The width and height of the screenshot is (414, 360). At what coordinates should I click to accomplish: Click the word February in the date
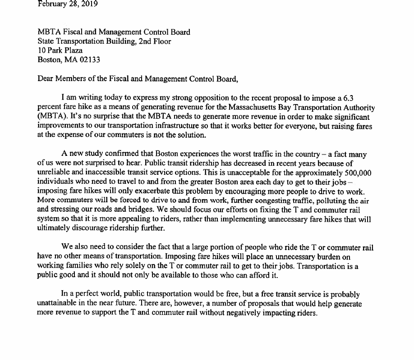(x=52, y=5)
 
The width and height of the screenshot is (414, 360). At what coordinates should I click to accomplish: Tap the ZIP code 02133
(x=90, y=59)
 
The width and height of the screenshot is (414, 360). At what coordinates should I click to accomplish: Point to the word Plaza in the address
(x=72, y=50)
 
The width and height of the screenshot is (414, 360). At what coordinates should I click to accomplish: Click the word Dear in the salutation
(x=46, y=79)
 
